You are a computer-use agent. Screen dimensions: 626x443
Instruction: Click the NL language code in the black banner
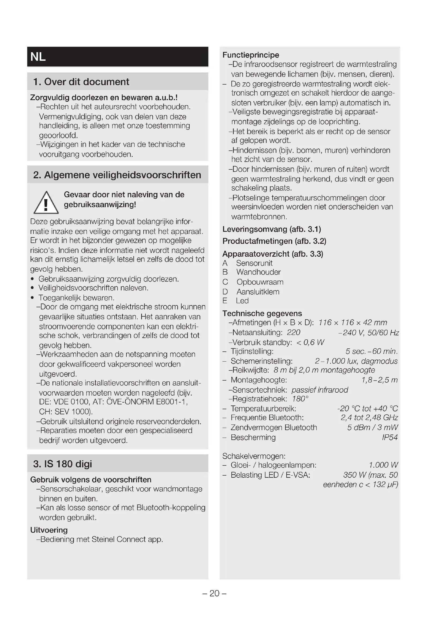click(38, 57)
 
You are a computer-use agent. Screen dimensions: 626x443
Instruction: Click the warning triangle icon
click(46, 203)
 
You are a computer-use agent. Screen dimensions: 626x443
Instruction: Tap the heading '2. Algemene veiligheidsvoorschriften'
click(117, 175)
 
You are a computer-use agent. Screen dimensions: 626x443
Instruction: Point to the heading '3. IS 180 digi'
click(62, 464)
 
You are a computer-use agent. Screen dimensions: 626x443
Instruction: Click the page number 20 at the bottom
click(215, 593)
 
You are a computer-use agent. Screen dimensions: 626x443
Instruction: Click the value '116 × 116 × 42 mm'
click(352, 323)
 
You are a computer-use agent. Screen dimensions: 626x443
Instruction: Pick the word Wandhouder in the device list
click(258, 272)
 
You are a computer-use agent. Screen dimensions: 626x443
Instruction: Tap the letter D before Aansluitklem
click(225, 292)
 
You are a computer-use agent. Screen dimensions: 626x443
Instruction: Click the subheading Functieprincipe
click(251, 55)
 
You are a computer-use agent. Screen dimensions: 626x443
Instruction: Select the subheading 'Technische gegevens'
click(262, 313)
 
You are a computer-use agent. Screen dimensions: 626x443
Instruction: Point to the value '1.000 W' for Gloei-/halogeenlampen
click(383, 465)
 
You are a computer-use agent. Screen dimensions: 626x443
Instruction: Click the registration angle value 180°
click(300, 399)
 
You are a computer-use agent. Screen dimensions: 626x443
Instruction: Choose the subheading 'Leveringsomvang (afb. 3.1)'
click(272, 229)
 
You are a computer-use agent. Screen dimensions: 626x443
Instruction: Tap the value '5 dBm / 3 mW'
click(372, 427)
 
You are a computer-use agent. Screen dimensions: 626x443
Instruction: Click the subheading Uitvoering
click(49, 530)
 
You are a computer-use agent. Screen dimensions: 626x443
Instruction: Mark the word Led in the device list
click(242, 301)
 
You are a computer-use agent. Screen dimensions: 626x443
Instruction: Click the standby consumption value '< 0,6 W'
click(310, 342)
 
